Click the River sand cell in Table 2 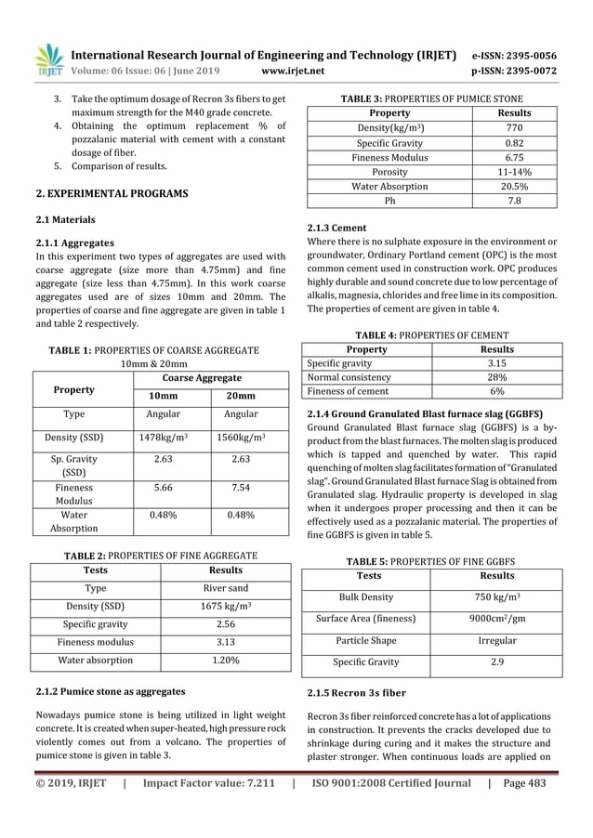(226, 588)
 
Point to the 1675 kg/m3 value (226, 606)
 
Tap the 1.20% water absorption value (226, 661)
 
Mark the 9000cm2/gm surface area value (493, 619)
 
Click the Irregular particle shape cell (493, 641)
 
